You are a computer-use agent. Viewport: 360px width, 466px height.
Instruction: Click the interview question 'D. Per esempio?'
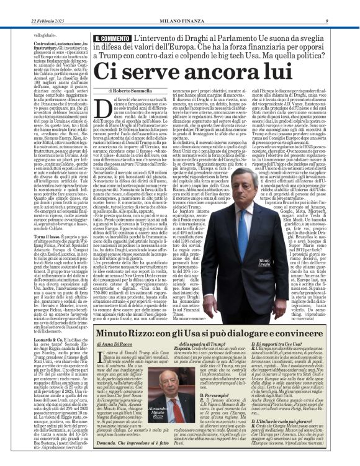[202, 394]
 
